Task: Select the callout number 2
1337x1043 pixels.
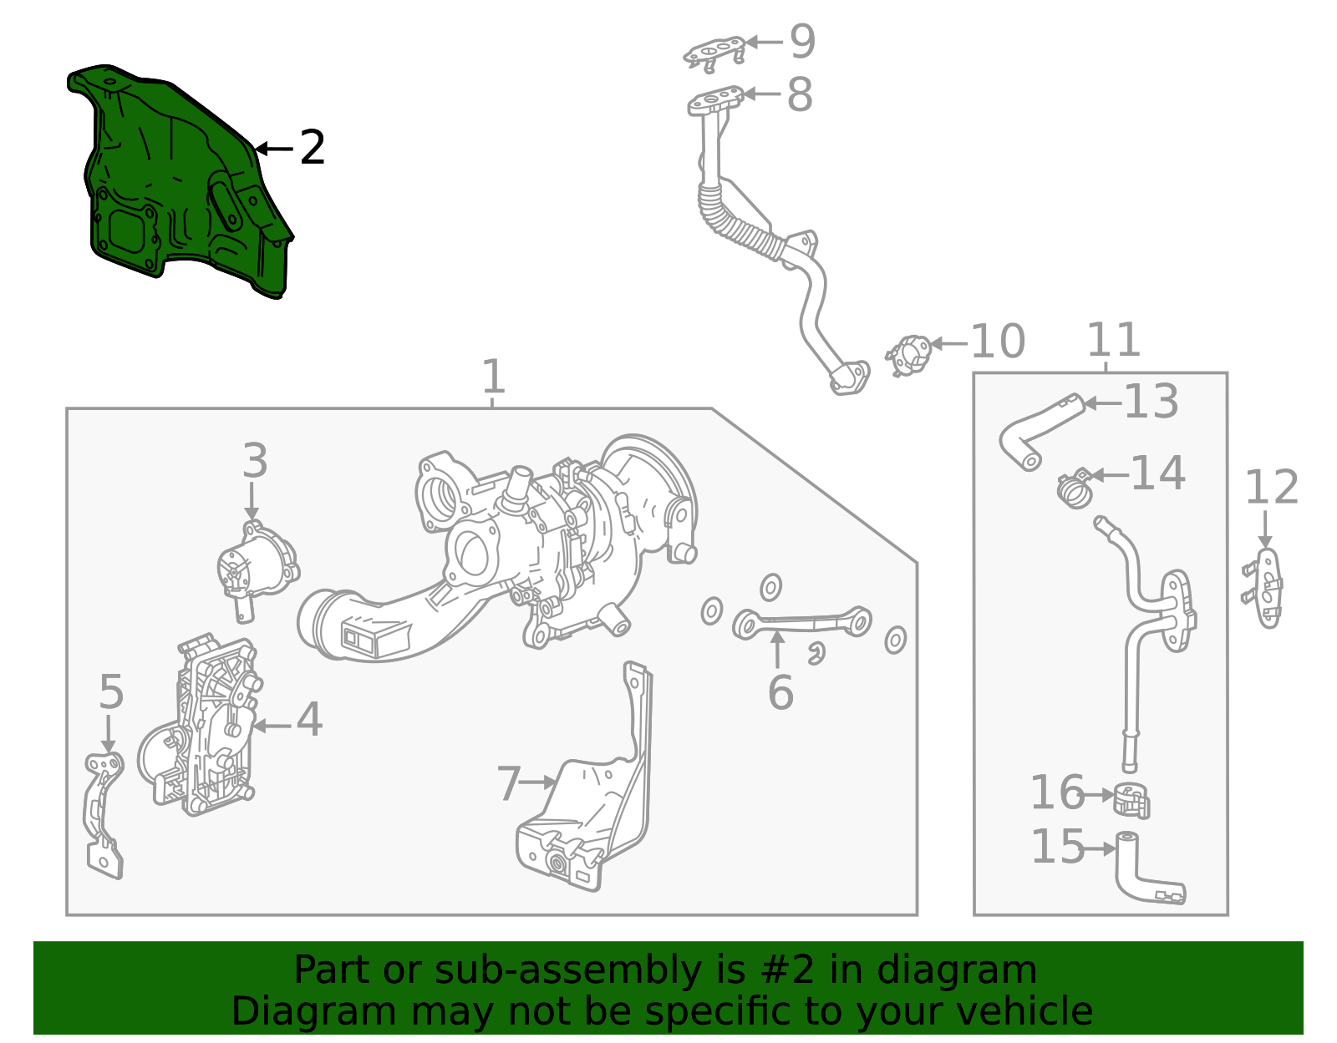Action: (x=312, y=148)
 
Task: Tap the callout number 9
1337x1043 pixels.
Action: (x=802, y=42)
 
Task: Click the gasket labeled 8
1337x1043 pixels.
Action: (x=715, y=103)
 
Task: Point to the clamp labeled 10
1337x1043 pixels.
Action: (x=909, y=355)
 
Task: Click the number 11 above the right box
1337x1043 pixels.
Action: (x=1113, y=340)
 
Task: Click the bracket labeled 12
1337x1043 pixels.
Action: (x=1266, y=589)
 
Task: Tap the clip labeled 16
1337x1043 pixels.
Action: (x=1131, y=800)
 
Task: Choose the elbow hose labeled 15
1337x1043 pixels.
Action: (x=1145, y=873)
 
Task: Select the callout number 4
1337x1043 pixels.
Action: (x=309, y=719)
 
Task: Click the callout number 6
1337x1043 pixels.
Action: (x=780, y=692)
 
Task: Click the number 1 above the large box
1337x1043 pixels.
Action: (x=493, y=377)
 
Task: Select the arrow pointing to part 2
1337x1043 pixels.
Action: (x=273, y=149)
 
